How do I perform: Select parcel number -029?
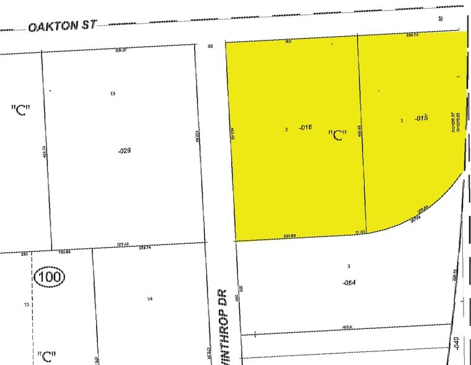click(x=121, y=150)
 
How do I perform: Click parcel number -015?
click(x=422, y=117)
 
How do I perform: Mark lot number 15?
click(x=112, y=94)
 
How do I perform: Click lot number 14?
click(x=149, y=299)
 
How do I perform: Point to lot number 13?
click(x=26, y=305)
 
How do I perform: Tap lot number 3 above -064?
click(x=349, y=266)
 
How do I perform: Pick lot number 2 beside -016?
click(x=286, y=129)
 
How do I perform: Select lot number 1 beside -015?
click(x=402, y=120)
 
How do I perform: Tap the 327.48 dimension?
click(x=123, y=245)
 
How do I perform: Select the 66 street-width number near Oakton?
click(x=210, y=46)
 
